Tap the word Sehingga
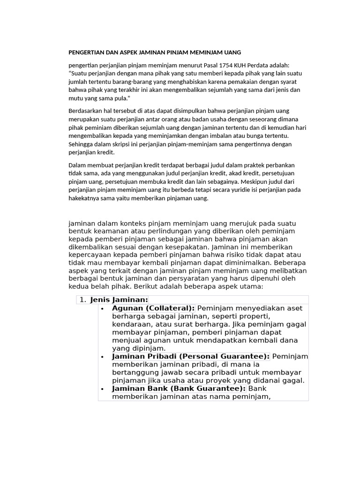pyautogui.click(x=81, y=144)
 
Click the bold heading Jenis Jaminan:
pyautogui.click(x=119, y=300)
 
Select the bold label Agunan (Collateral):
pyautogui.click(x=153, y=308)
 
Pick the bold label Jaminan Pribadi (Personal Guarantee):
pyautogui.click(x=190, y=357)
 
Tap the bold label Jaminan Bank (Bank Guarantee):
pyautogui.click(x=179, y=389)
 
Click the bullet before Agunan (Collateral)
pyautogui.click(x=102, y=308)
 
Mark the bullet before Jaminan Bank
pyautogui.click(x=102, y=389)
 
